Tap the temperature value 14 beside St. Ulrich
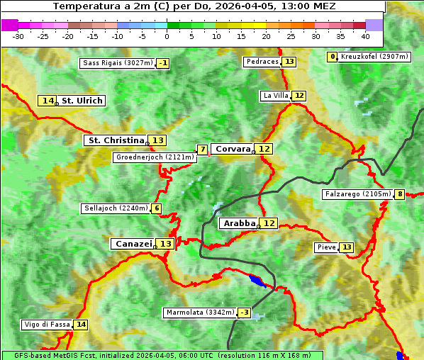[48, 101]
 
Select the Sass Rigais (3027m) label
[117, 63]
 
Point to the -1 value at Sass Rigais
[163, 63]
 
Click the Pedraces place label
[262, 62]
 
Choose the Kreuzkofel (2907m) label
[374, 57]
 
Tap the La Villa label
[275, 96]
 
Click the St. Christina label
[115, 140]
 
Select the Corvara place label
[233, 149]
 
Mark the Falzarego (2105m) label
[357, 194]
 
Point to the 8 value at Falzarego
[400, 194]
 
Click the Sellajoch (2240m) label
[116, 208]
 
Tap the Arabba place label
[239, 223]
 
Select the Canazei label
[133, 244]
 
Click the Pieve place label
[326, 247]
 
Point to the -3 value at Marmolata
[245, 313]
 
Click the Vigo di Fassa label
[48, 325]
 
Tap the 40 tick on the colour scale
[365, 35]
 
